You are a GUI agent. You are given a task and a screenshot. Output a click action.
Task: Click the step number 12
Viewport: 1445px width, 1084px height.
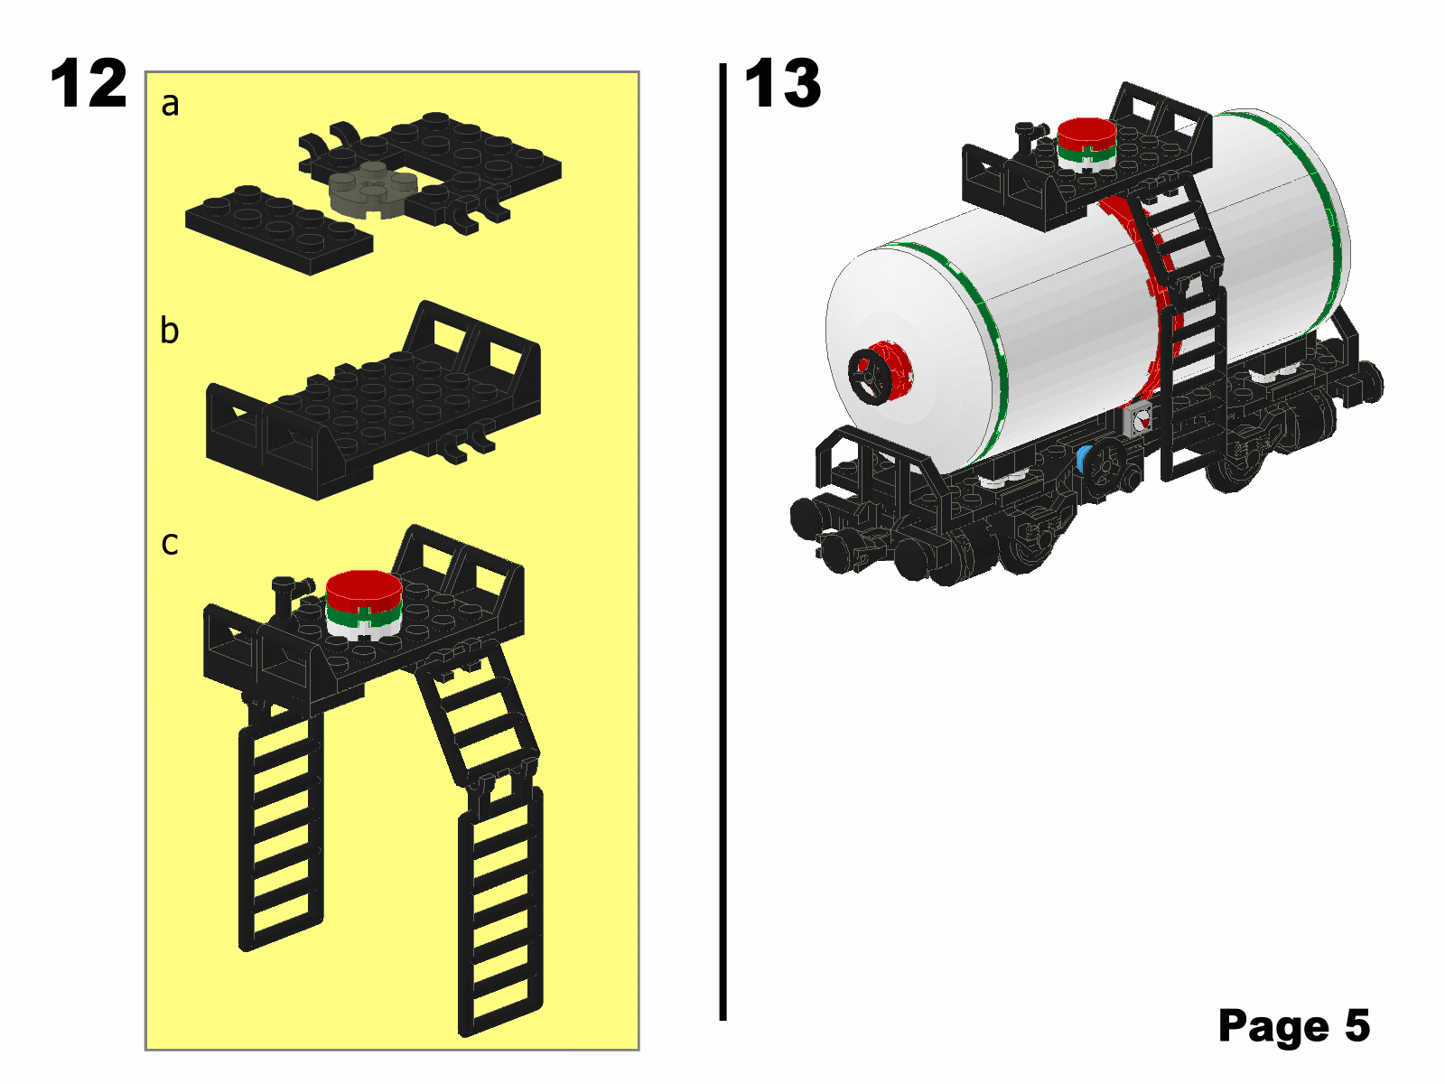point(89,84)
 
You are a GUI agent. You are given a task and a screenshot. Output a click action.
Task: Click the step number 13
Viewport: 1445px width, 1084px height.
point(782,84)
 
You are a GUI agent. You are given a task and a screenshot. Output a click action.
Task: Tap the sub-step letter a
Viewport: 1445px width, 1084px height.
point(170,105)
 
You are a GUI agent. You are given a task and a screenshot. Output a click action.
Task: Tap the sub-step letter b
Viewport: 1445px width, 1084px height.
point(170,331)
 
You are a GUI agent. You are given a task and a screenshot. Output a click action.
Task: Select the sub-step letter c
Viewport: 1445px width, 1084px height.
point(170,543)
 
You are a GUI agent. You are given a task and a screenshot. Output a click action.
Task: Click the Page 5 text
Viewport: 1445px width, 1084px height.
point(1293,1026)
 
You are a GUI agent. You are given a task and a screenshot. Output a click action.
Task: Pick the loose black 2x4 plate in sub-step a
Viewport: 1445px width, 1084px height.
point(278,229)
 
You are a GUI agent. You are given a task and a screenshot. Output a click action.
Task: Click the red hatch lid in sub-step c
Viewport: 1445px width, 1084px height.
point(364,589)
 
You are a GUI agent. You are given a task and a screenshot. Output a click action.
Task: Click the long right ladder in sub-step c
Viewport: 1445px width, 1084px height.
point(500,912)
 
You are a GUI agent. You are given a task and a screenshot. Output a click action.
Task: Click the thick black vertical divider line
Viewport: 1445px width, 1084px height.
point(722,542)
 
